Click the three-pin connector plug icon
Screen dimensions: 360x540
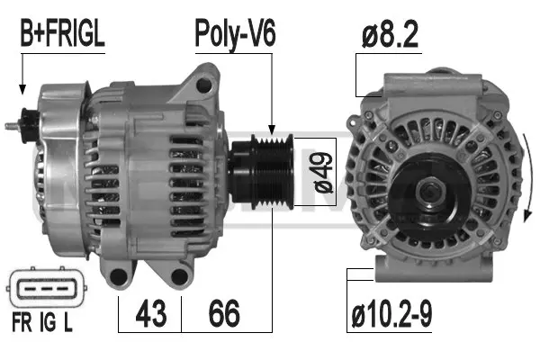41,291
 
